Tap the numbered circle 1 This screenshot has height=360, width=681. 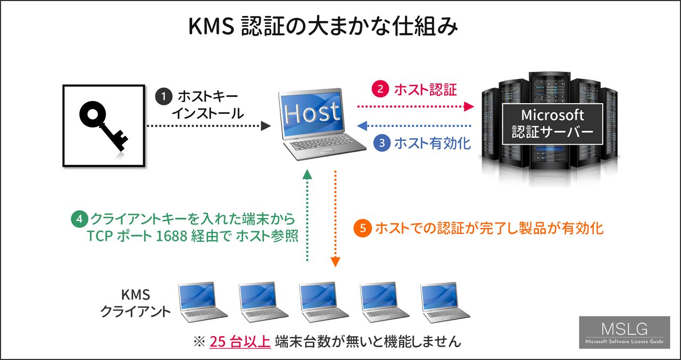tap(164, 97)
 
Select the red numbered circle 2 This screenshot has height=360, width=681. tap(380, 89)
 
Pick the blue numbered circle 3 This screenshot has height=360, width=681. tap(382, 143)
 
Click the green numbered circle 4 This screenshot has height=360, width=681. tap(79, 219)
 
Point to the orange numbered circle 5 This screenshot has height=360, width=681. tap(362, 228)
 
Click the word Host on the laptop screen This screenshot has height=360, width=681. tap(312, 112)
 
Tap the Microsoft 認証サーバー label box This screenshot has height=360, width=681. tap(552, 124)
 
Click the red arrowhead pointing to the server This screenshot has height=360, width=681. tap(469, 107)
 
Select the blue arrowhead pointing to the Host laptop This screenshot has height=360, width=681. tap(362, 125)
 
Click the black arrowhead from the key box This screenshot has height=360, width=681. tap(265, 126)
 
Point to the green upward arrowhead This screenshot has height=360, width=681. tap(308, 174)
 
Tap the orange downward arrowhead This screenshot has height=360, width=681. tap(335, 262)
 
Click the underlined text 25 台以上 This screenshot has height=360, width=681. tap(240, 341)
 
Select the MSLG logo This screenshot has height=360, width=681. tap(625, 332)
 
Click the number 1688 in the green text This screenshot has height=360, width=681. tap(171, 236)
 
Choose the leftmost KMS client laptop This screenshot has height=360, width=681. tap(202, 302)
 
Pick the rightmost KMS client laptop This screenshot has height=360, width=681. tap(445, 302)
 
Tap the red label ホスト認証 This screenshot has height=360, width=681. tap(425, 90)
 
